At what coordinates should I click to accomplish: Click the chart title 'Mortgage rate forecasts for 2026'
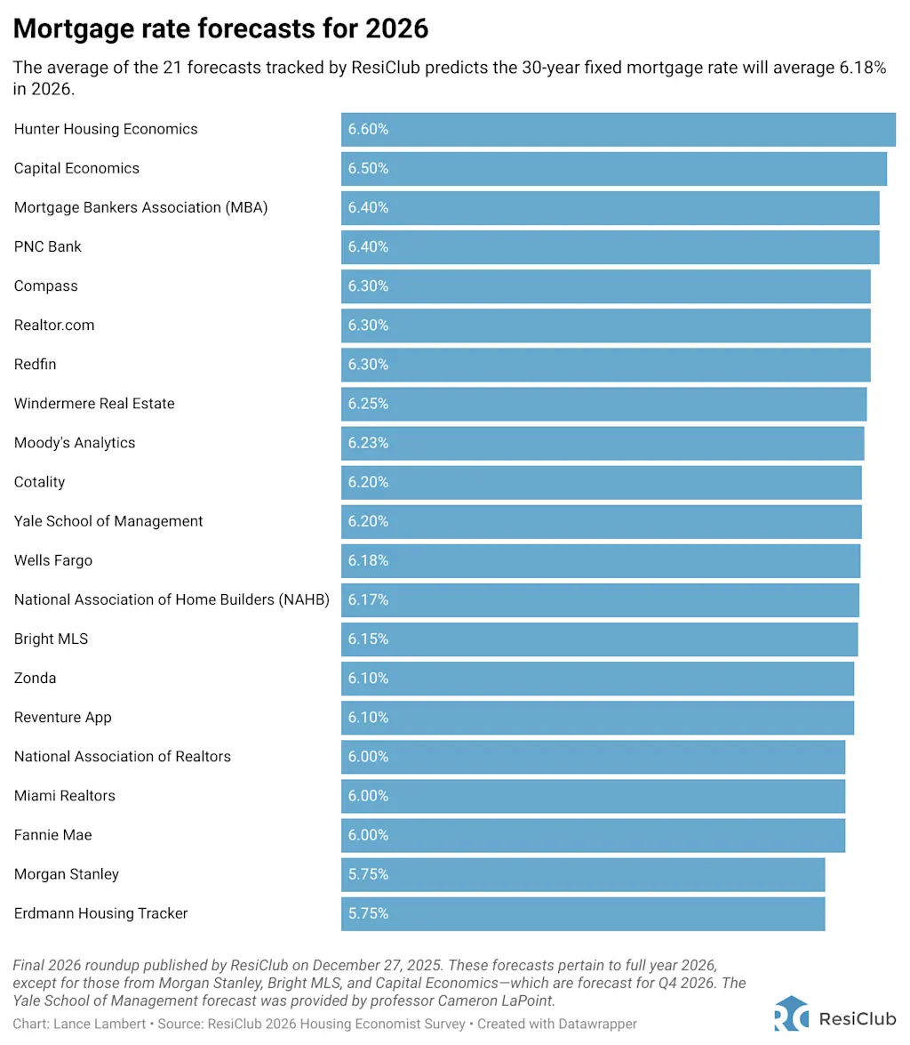tap(220, 29)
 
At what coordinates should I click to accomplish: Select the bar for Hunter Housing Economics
tap(618, 129)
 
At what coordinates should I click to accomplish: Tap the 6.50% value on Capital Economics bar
tap(368, 168)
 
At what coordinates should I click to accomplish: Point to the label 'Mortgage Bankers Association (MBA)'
tap(140, 207)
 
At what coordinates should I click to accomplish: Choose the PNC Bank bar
tap(610, 246)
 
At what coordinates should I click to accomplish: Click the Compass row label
tap(46, 285)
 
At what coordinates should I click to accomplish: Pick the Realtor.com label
tap(54, 325)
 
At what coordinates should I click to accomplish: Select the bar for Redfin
tap(605, 364)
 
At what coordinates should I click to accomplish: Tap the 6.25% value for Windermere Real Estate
tap(368, 403)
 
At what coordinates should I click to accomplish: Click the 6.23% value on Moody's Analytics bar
tap(368, 442)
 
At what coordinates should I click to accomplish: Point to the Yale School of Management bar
tap(601, 520)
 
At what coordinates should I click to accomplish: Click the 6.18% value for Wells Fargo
tap(368, 560)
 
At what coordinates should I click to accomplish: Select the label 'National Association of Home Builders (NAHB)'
tap(172, 599)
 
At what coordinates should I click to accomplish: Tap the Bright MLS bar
tap(599, 639)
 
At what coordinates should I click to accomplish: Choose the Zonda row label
tap(36, 678)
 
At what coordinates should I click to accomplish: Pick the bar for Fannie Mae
tap(593, 834)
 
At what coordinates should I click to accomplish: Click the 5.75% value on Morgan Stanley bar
tap(368, 874)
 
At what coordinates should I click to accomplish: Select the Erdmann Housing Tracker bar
tap(582, 913)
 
